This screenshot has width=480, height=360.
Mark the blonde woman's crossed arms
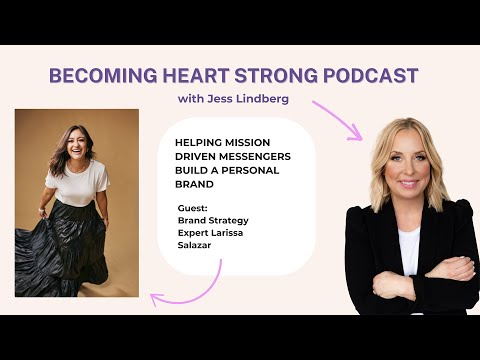pos(420,270)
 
